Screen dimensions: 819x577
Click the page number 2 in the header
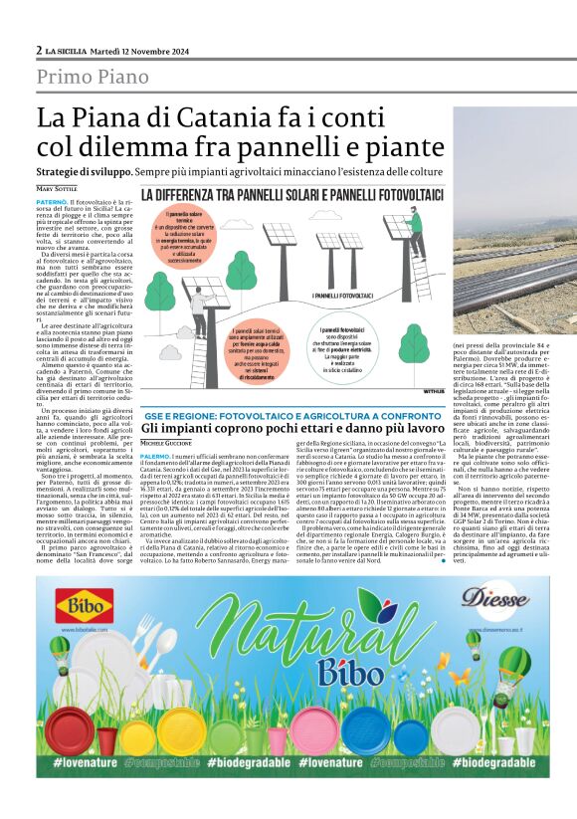click(x=39, y=50)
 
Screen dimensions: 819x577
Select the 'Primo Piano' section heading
click(x=93, y=77)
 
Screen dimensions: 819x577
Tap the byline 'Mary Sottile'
click(x=59, y=188)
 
